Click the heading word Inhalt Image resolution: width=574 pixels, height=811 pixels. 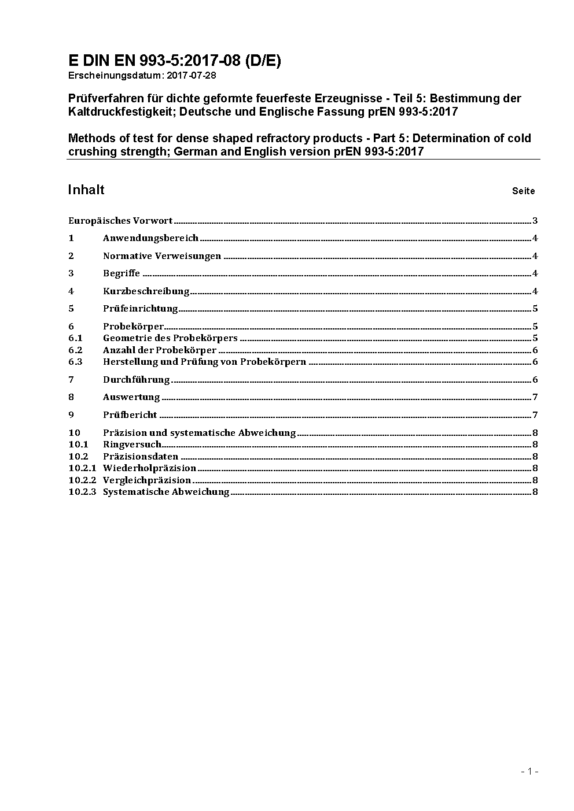coord(86,190)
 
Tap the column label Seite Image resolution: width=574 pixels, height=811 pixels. coord(523,191)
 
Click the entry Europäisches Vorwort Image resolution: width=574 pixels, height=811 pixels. coord(120,220)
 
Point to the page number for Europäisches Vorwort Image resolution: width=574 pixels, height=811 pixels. coord(535,220)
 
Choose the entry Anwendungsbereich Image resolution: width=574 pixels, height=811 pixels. coord(150,238)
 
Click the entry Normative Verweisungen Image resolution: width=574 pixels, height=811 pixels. coord(162,255)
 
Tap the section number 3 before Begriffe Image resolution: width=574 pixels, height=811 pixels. coord(71,273)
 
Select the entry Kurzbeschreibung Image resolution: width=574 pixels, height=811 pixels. coord(146,291)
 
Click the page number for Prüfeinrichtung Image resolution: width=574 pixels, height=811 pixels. coord(535,308)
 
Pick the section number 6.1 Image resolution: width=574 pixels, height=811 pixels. coord(75,338)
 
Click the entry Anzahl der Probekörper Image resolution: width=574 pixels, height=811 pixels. coord(160,350)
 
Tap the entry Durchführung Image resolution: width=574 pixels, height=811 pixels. coord(137,379)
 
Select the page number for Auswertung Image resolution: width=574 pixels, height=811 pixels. coord(535,397)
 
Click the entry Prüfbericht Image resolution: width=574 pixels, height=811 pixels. coord(130,414)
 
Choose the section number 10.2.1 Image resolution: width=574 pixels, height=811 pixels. coord(82,468)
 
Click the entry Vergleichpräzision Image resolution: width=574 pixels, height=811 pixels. coord(147,480)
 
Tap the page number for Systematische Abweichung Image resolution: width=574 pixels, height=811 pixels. coord(535,491)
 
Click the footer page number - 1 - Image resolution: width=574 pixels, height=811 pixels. coord(529,771)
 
